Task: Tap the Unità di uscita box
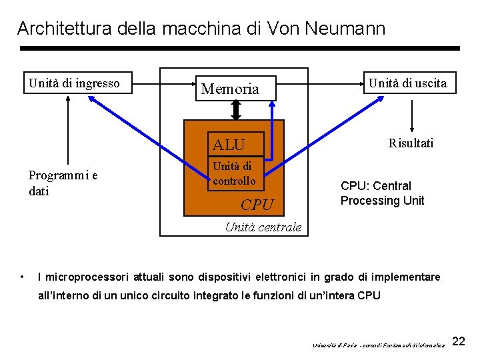click(x=408, y=83)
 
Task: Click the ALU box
click(x=236, y=144)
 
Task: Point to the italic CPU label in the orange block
click(x=257, y=205)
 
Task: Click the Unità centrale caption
click(x=263, y=227)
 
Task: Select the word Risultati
click(x=411, y=143)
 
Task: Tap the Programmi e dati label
click(x=63, y=183)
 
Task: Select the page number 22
click(x=459, y=342)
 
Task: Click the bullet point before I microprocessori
click(x=22, y=277)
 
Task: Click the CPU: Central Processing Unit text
click(x=381, y=193)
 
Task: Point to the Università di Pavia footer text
click(x=378, y=345)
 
